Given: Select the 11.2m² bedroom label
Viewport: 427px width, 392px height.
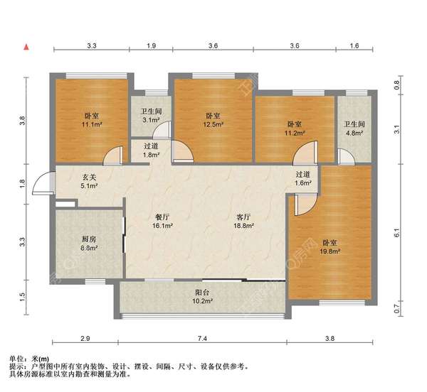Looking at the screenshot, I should tap(293, 127).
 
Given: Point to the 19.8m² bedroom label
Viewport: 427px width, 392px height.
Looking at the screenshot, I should tap(328, 246).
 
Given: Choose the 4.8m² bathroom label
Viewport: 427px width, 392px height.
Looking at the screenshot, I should tap(354, 127).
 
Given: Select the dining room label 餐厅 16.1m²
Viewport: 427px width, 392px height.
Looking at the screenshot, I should tap(164, 222).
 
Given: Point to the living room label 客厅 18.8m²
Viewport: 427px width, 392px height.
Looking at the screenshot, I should tap(246, 222).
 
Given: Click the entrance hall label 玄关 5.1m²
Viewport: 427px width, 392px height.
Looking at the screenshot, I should tap(88, 183).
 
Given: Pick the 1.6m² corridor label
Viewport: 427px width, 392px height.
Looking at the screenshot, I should tap(303, 178).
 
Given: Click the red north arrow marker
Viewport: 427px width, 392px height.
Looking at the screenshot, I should tap(26, 47).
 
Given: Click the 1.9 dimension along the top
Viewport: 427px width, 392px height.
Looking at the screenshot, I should tap(151, 46).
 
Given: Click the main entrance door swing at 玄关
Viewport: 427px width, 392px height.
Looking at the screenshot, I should tap(44, 183).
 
